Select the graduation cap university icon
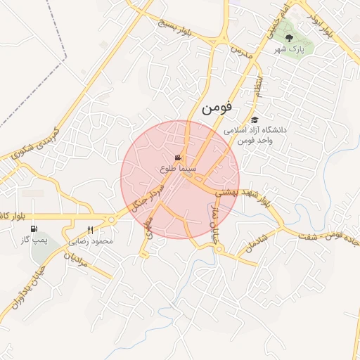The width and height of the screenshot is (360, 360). point(255,120)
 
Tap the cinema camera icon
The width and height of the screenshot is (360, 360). point(179,158)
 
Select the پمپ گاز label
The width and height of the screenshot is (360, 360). point(32,240)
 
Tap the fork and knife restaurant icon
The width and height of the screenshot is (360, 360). point(90,230)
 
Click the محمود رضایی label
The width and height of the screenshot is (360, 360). point(91,240)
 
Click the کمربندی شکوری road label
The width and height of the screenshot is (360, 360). point(37,141)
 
